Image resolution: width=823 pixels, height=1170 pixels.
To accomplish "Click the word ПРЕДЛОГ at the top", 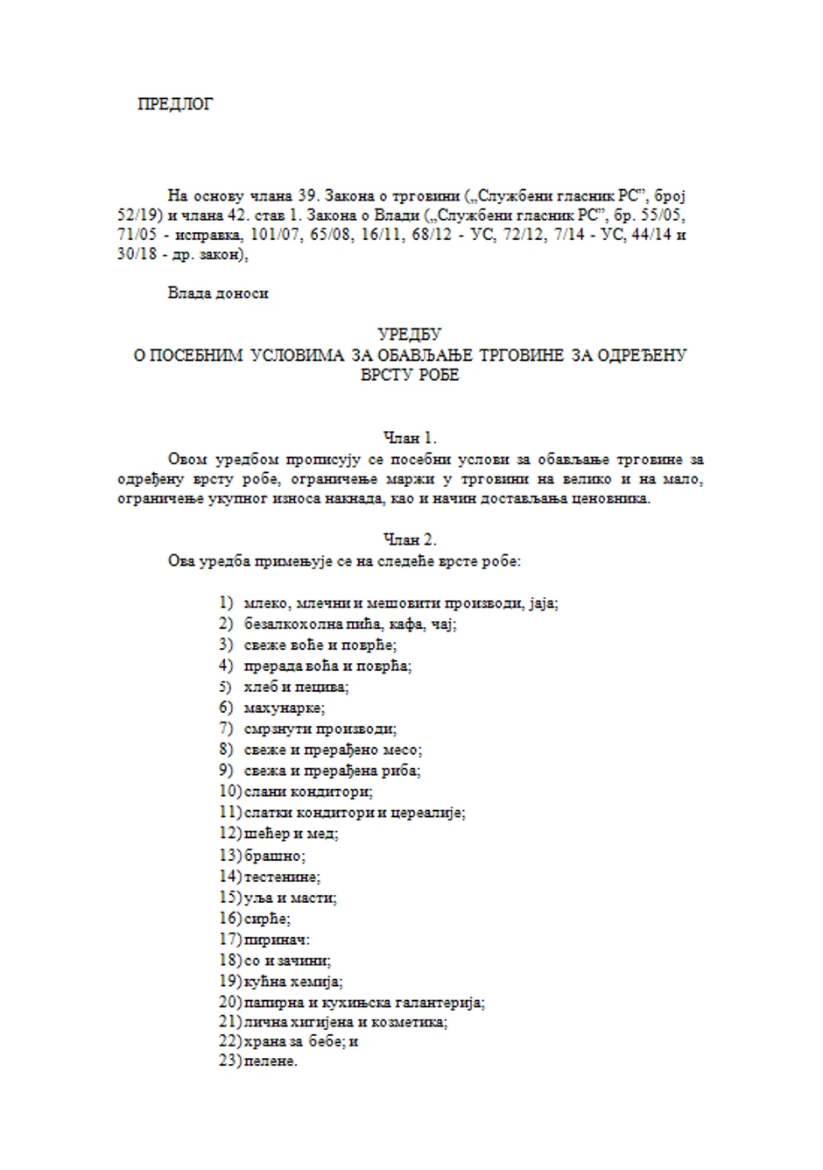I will click(x=175, y=104).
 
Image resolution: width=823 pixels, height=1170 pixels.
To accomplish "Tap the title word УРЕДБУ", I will click(x=410, y=334).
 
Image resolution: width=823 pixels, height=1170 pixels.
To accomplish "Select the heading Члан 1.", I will click(x=410, y=438).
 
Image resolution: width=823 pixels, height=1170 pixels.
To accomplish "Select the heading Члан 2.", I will click(x=410, y=539).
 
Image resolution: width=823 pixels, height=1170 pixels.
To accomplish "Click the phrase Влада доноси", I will click(x=218, y=293).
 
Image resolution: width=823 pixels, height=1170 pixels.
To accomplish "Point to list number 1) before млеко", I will click(x=227, y=603).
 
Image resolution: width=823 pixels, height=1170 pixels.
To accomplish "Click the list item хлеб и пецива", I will click(x=296, y=687).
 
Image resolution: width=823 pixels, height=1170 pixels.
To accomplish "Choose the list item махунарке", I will click(x=285, y=708).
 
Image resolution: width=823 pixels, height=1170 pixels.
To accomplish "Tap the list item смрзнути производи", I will click(x=320, y=729).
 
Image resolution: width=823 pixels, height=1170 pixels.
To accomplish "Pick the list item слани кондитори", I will click(x=309, y=792).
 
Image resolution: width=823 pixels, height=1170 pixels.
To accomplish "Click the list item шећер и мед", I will click(x=292, y=834).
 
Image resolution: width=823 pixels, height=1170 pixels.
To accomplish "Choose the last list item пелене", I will click(x=271, y=1061).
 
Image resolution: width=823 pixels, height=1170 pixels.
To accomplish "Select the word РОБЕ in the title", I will click(x=437, y=376).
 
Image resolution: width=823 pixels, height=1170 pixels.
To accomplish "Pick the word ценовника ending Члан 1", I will click(x=613, y=499).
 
